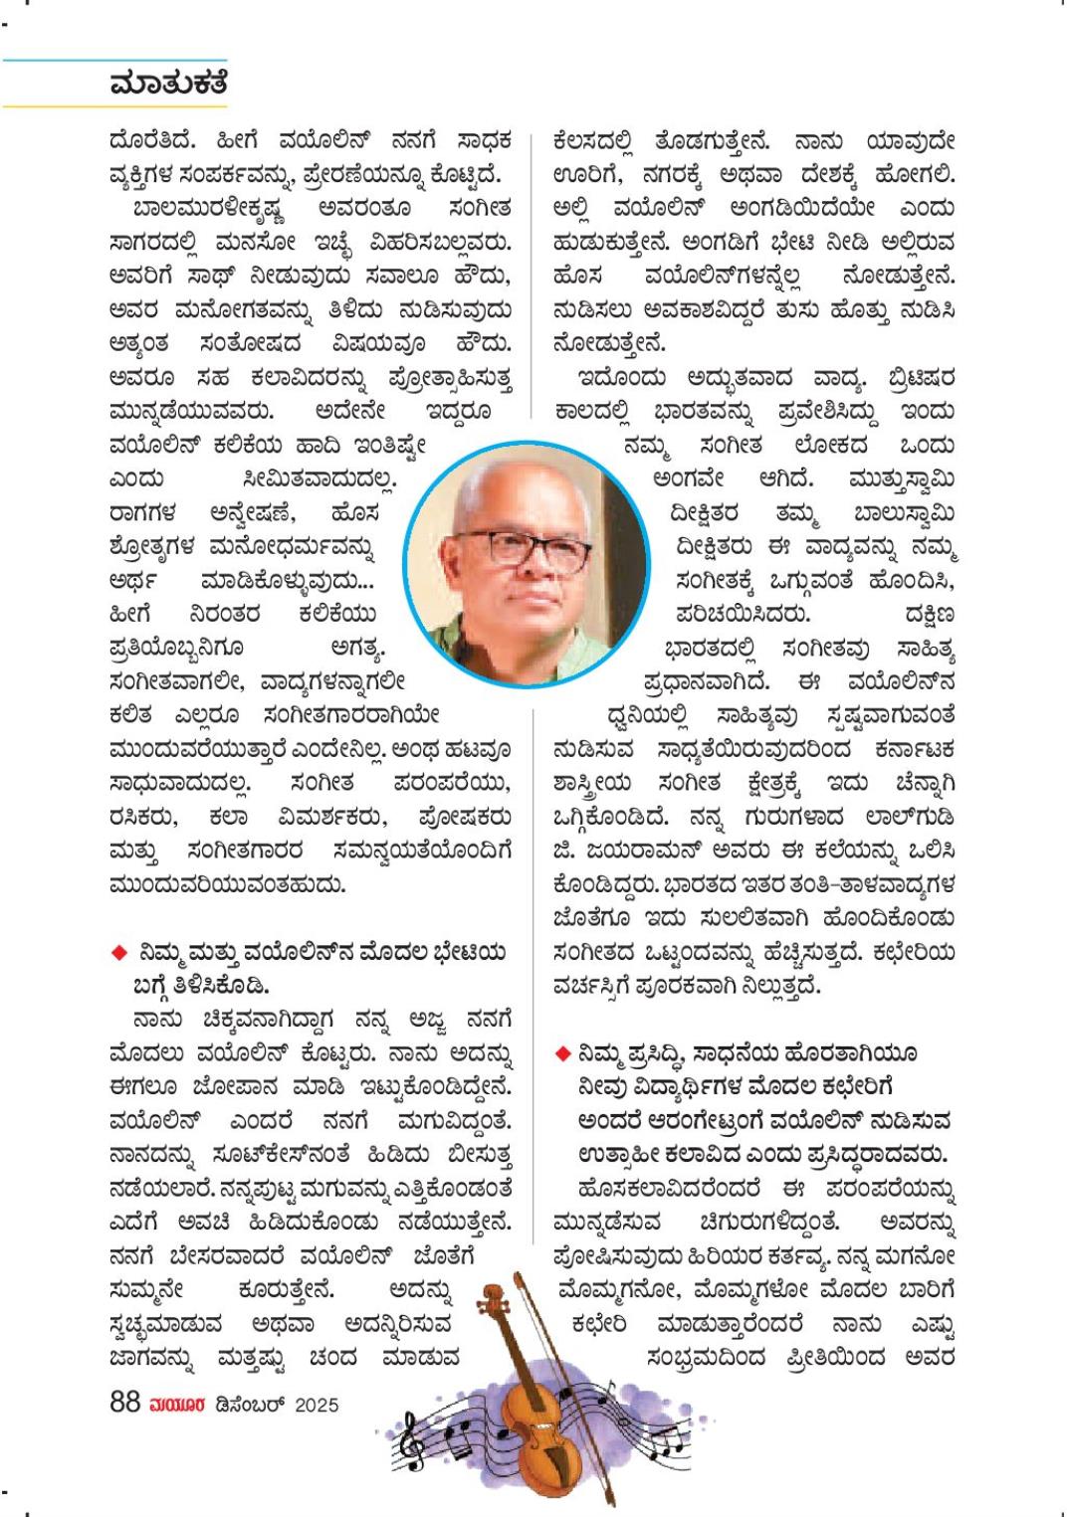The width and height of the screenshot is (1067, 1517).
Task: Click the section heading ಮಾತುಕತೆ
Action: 168,84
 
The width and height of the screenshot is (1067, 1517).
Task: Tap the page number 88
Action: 124,1404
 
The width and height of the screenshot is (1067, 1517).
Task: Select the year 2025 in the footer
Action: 317,1405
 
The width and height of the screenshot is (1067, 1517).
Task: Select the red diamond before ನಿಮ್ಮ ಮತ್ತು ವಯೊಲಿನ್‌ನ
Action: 119,953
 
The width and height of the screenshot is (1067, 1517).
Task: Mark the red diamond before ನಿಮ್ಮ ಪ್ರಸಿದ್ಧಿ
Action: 562,1052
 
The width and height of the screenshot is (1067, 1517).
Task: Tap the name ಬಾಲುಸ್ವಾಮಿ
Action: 905,512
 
